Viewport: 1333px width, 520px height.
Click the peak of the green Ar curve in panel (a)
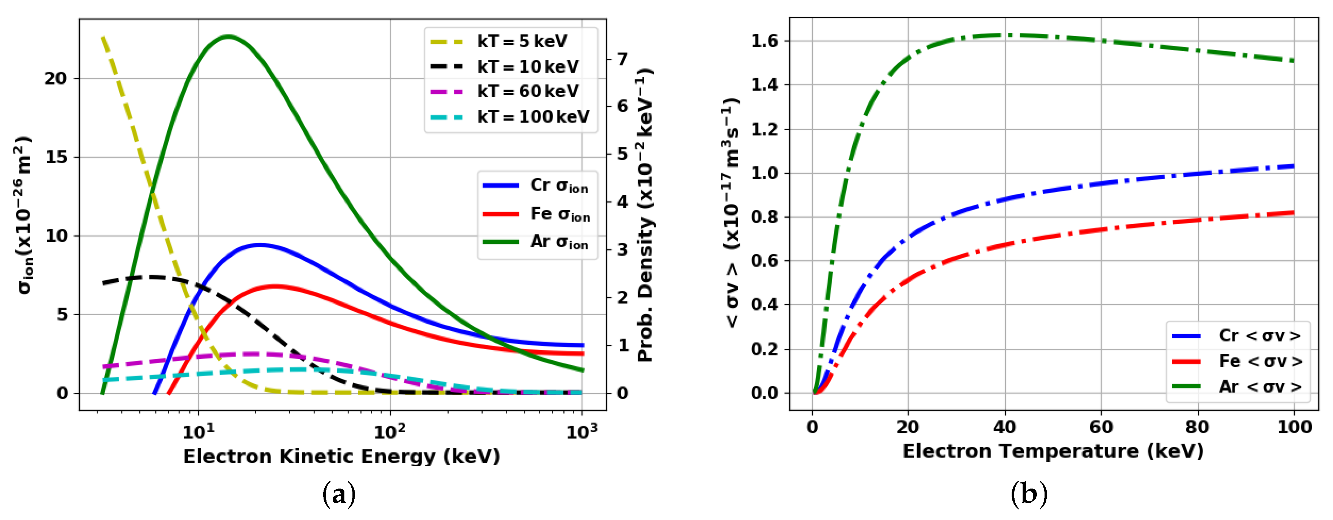(228, 36)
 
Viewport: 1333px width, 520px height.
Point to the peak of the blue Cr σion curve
(259, 244)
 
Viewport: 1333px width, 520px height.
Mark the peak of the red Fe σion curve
(274, 286)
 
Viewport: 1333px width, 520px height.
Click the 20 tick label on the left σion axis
(55, 79)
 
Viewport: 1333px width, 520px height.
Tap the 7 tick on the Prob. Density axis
(623, 59)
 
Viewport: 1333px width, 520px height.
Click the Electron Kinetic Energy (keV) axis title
(341, 456)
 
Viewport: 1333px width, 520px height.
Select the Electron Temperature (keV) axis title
(1053, 451)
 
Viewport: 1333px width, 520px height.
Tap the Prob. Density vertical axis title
(645, 215)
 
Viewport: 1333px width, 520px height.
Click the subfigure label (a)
(339, 494)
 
